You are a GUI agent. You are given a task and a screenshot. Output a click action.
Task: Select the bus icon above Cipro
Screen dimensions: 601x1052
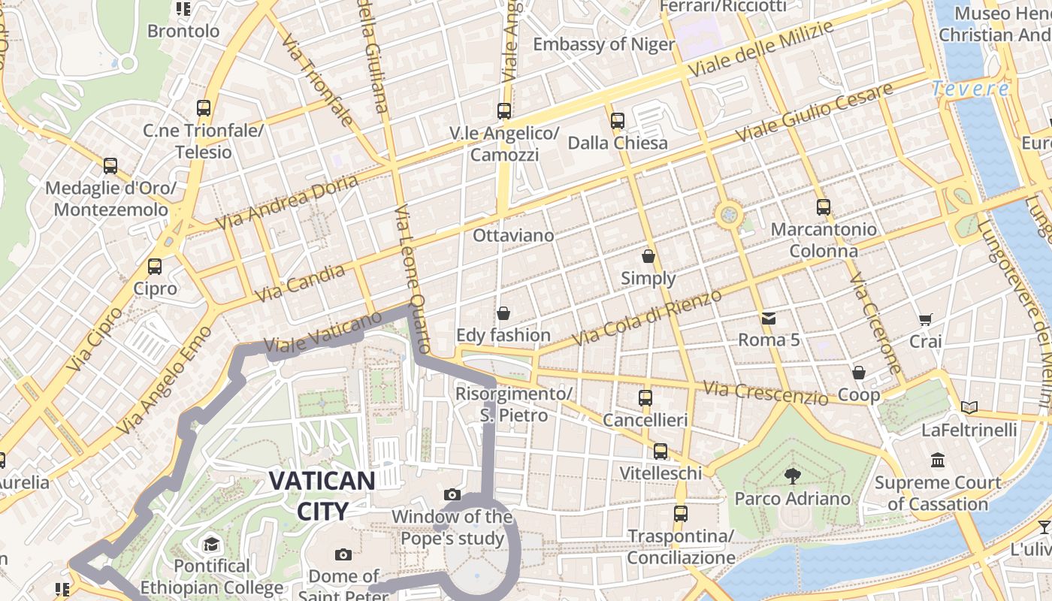click(155, 267)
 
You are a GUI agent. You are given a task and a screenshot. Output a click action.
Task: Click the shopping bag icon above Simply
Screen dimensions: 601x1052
click(648, 256)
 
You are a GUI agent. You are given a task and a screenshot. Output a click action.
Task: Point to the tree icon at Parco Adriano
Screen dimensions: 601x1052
click(791, 475)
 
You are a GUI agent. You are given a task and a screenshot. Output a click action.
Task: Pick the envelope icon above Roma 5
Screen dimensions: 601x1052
click(769, 318)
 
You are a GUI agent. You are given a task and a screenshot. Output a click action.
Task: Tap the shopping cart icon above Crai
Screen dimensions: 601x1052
click(926, 319)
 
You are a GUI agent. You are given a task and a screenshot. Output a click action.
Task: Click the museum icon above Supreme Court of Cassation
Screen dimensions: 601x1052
click(938, 460)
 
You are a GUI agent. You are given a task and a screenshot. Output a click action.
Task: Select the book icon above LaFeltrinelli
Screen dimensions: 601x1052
click(969, 408)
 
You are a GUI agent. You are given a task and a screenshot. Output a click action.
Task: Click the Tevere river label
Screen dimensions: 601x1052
click(971, 89)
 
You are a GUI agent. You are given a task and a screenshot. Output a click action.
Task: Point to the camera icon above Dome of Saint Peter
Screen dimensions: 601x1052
click(343, 554)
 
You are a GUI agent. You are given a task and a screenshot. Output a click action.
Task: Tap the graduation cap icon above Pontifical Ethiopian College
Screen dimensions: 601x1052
click(211, 543)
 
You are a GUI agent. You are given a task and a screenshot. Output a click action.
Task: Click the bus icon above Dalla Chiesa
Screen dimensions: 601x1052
click(618, 120)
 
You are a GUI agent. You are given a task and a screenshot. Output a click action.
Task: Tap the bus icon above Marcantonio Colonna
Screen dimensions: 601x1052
click(824, 207)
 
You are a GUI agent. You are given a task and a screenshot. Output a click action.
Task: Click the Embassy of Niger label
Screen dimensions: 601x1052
click(604, 44)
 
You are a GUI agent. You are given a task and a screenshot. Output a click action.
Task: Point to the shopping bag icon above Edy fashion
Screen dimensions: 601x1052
click(503, 313)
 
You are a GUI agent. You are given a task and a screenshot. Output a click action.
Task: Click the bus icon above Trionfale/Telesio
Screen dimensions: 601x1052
click(204, 108)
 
